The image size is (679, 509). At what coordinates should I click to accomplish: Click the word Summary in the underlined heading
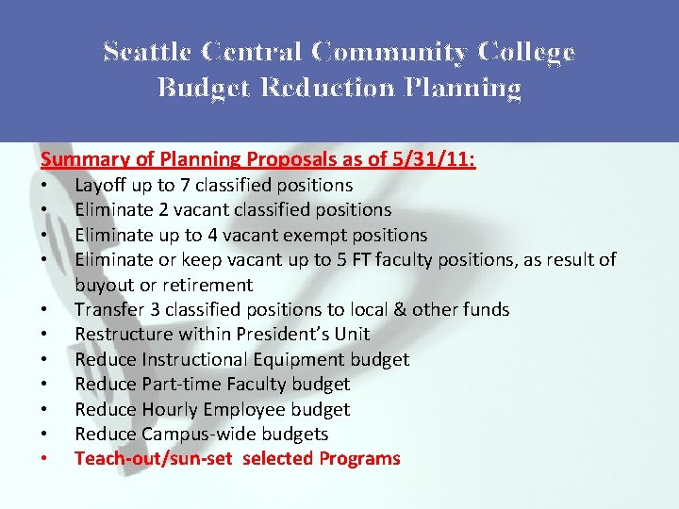click(80, 159)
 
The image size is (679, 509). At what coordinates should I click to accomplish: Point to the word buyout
click(105, 285)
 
